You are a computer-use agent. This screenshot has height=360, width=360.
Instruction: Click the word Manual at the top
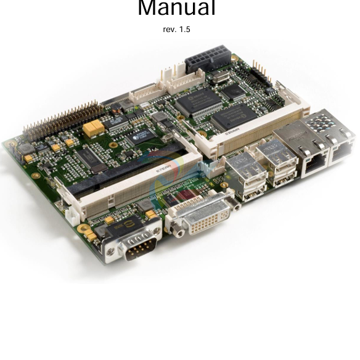point(176,8)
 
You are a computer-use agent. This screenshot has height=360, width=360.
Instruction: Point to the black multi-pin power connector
point(208,59)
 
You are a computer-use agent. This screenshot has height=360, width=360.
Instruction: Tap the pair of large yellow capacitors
point(94,128)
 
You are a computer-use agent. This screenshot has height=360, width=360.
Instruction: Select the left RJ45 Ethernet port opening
point(316,163)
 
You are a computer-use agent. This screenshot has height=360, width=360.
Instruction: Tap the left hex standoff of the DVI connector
point(178,232)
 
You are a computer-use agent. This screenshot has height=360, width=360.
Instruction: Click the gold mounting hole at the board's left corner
point(10,144)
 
